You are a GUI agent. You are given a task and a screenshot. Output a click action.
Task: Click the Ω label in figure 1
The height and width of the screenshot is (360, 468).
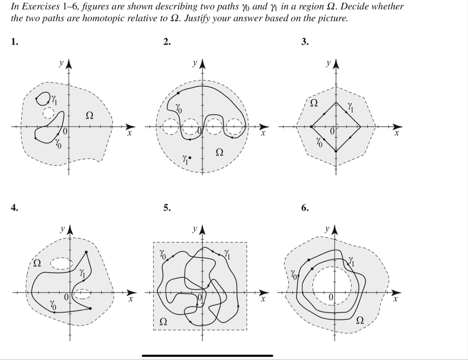coord(89,115)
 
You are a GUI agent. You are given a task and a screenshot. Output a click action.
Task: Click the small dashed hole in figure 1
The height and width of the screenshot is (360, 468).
coord(48,113)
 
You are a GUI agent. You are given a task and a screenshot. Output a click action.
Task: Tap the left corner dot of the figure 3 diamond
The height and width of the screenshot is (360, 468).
coord(311,126)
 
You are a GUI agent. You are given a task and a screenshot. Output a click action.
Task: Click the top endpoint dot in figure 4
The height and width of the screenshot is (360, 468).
coord(86,252)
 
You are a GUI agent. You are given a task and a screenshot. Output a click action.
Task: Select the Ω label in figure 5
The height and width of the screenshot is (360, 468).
coord(164,321)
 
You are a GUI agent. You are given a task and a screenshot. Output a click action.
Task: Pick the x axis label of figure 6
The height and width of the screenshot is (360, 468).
coord(395,300)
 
